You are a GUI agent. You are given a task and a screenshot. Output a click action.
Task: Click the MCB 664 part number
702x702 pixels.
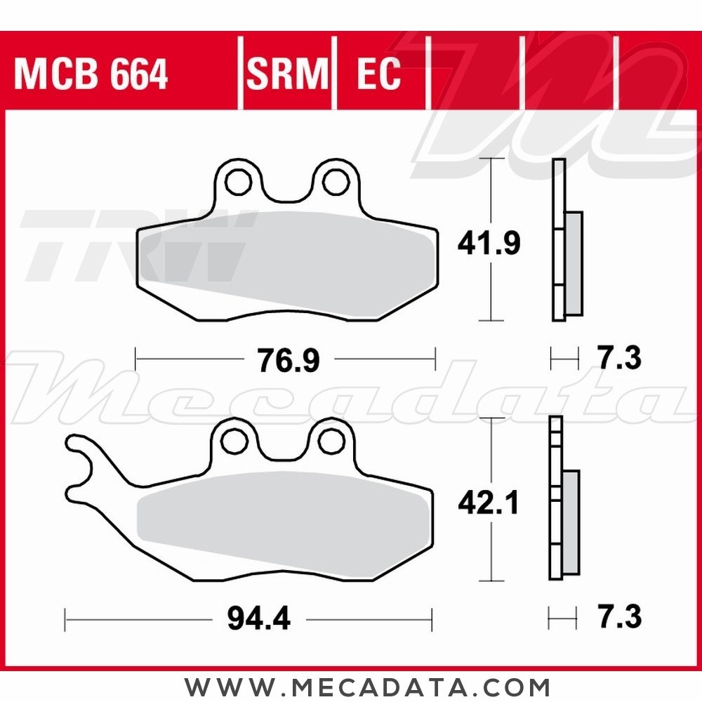91,74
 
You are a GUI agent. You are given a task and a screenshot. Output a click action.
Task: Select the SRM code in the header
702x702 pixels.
287,74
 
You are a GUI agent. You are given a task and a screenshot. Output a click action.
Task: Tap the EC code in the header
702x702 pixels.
378,74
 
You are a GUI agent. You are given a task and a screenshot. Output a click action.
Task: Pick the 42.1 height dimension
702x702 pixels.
488,502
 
